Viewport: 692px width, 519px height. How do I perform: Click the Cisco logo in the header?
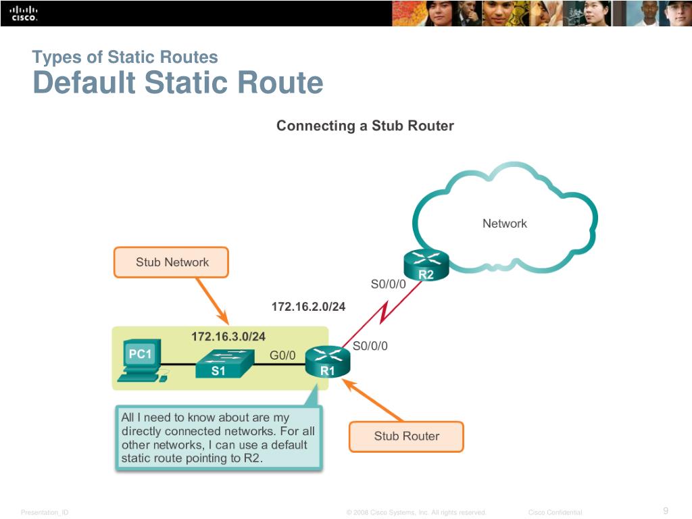coord(24,14)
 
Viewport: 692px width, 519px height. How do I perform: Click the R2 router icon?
coord(426,266)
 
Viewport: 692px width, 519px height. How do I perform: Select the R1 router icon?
coord(328,362)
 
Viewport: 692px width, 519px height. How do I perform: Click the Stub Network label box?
coord(172,262)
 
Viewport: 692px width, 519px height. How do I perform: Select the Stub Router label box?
coord(406,437)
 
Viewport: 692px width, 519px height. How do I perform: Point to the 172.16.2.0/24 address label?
coord(308,307)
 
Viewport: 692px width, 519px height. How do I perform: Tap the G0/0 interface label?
coord(282,355)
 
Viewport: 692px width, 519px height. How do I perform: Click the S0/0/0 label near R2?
coord(388,285)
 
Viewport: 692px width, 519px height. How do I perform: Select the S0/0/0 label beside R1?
coord(370,345)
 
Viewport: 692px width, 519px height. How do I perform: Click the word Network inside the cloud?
coord(504,224)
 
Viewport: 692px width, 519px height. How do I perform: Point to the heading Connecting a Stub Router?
coord(365,126)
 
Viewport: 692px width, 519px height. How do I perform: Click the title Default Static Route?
coord(178,84)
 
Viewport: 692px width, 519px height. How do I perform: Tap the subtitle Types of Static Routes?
coord(125,57)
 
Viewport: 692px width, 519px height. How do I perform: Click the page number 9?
coord(666,510)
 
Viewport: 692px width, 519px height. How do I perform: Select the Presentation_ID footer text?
coord(45,513)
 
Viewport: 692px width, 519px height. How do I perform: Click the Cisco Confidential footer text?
coord(555,513)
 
